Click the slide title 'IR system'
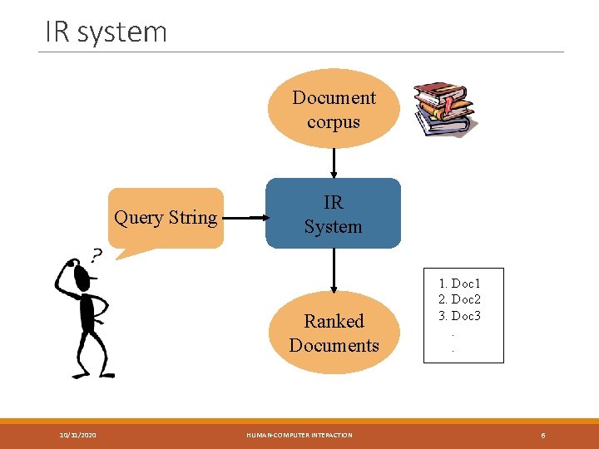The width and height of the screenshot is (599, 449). pos(106,32)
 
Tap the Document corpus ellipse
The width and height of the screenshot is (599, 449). pos(334,109)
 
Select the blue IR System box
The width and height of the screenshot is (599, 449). pos(333,214)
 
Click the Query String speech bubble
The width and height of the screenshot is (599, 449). pos(166,218)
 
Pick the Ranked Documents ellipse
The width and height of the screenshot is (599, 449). pos(334,333)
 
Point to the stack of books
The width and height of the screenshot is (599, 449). pos(443,108)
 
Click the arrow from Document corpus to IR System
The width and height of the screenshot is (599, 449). pos(334,163)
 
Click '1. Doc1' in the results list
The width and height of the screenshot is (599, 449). pos(459,284)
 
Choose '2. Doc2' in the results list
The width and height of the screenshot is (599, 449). pos(459,299)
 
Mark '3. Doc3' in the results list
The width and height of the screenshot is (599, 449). pos(459,315)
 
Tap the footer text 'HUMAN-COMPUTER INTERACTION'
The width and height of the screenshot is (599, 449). pos(299,435)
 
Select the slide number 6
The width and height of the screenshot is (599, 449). pos(542,435)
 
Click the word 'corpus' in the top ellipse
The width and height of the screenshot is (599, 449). pos(334,122)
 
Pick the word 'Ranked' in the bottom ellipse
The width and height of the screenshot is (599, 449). pos(334,321)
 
